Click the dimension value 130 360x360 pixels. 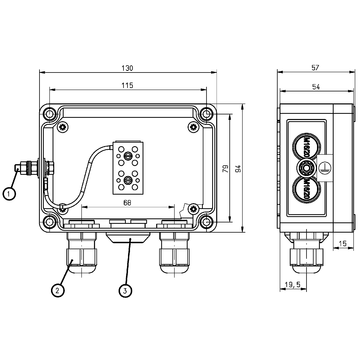click(x=127, y=68)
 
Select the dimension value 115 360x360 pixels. click(x=127, y=88)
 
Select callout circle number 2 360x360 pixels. click(x=59, y=291)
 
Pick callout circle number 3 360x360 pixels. click(x=125, y=291)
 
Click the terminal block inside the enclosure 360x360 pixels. click(x=130, y=164)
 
